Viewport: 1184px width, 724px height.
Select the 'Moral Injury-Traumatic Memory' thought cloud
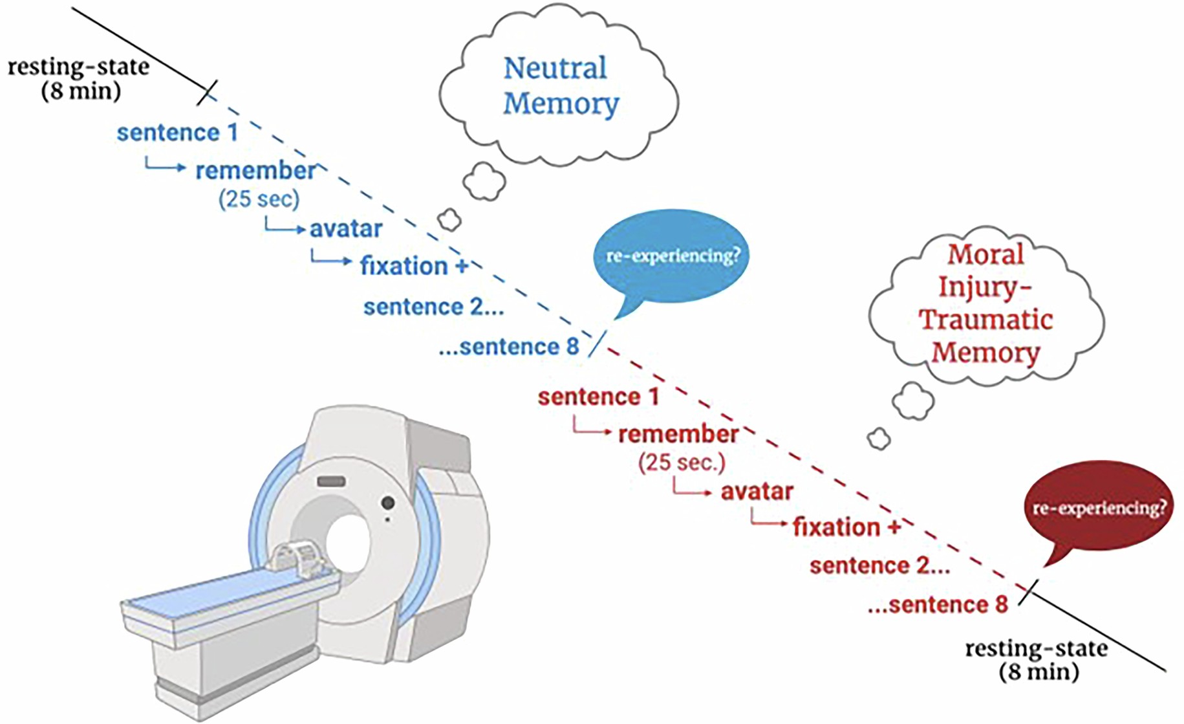tap(985, 304)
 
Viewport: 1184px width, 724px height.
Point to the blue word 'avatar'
tap(346, 229)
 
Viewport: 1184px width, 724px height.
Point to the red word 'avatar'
tap(757, 492)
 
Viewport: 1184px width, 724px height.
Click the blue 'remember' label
tap(256, 171)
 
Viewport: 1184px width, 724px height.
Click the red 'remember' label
tap(678, 434)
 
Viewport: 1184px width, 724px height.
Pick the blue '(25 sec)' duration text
tap(259, 199)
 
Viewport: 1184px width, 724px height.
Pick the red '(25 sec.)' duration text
tap(682, 463)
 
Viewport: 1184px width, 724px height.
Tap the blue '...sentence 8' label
tap(509, 347)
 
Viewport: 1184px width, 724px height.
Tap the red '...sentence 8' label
tap(938, 606)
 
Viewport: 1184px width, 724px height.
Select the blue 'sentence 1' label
tap(177, 133)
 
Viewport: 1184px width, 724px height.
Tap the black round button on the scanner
tap(388, 503)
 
